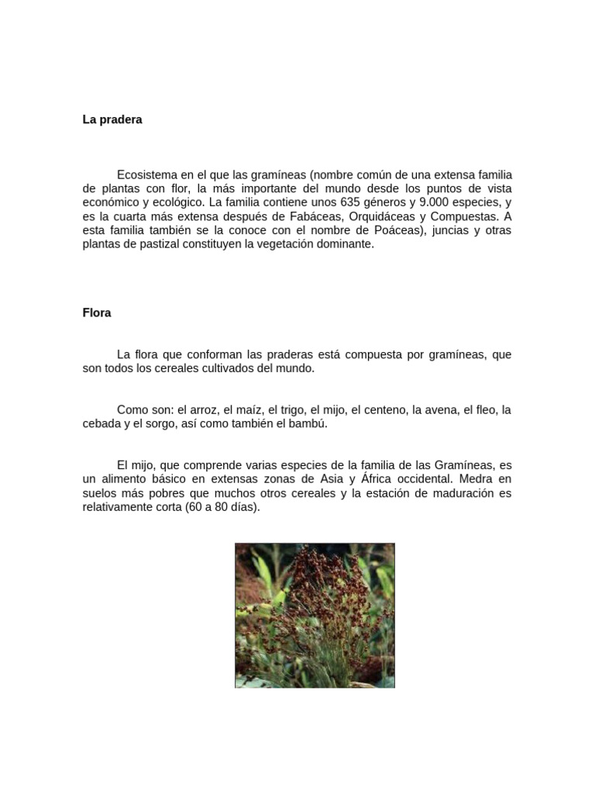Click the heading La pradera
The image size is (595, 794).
point(112,120)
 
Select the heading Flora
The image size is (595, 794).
point(97,313)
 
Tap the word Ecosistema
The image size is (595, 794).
point(146,175)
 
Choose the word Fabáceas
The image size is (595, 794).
point(316,217)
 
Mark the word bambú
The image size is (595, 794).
point(308,424)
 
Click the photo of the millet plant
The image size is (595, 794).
point(315,615)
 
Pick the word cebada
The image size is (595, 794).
point(101,424)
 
